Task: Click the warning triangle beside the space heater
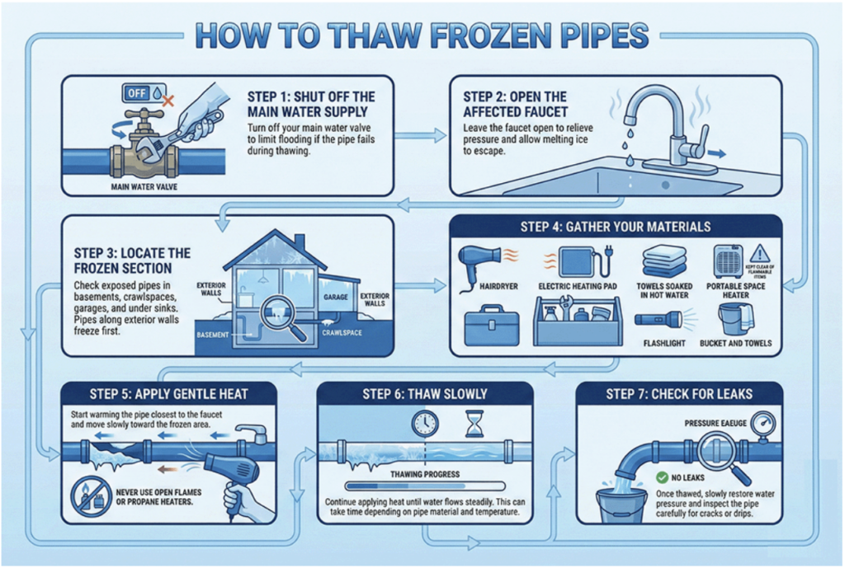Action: coord(760,252)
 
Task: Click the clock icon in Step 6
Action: coord(426,423)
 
